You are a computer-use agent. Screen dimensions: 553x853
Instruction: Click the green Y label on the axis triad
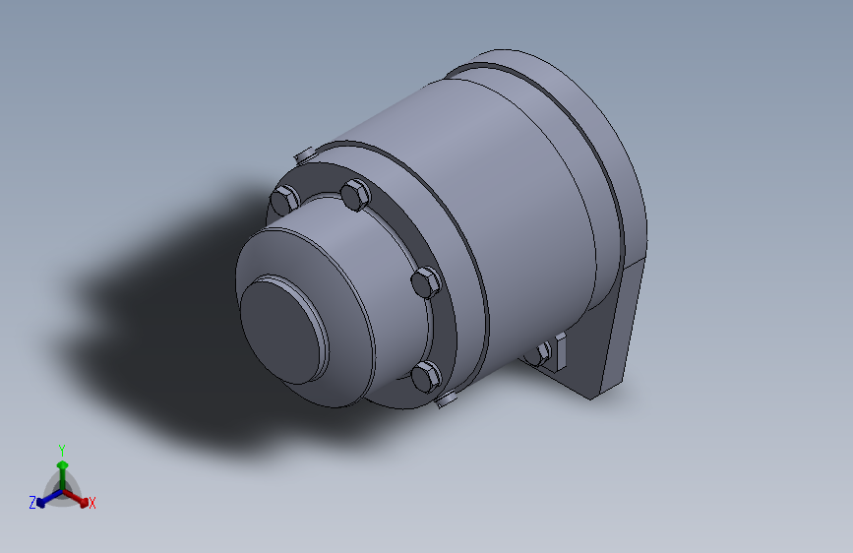click(x=61, y=449)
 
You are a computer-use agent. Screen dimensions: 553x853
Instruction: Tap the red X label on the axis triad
click(x=92, y=504)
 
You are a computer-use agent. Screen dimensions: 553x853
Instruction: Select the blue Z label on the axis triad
click(x=32, y=502)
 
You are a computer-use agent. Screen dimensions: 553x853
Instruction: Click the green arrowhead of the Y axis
click(x=61, y=463)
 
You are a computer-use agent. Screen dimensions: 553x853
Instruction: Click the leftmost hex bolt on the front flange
click(x=282, y=200)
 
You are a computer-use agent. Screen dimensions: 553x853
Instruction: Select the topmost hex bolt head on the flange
click(x=354, y=195)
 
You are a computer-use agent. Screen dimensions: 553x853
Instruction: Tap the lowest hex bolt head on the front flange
click(x=425, y=376)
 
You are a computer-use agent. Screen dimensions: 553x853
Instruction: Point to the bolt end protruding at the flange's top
click(x=303, y=154)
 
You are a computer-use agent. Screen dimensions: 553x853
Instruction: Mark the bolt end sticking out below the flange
click(x=447, y=399)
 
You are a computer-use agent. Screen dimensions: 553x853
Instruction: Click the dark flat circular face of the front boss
click(x=281, y=329)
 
